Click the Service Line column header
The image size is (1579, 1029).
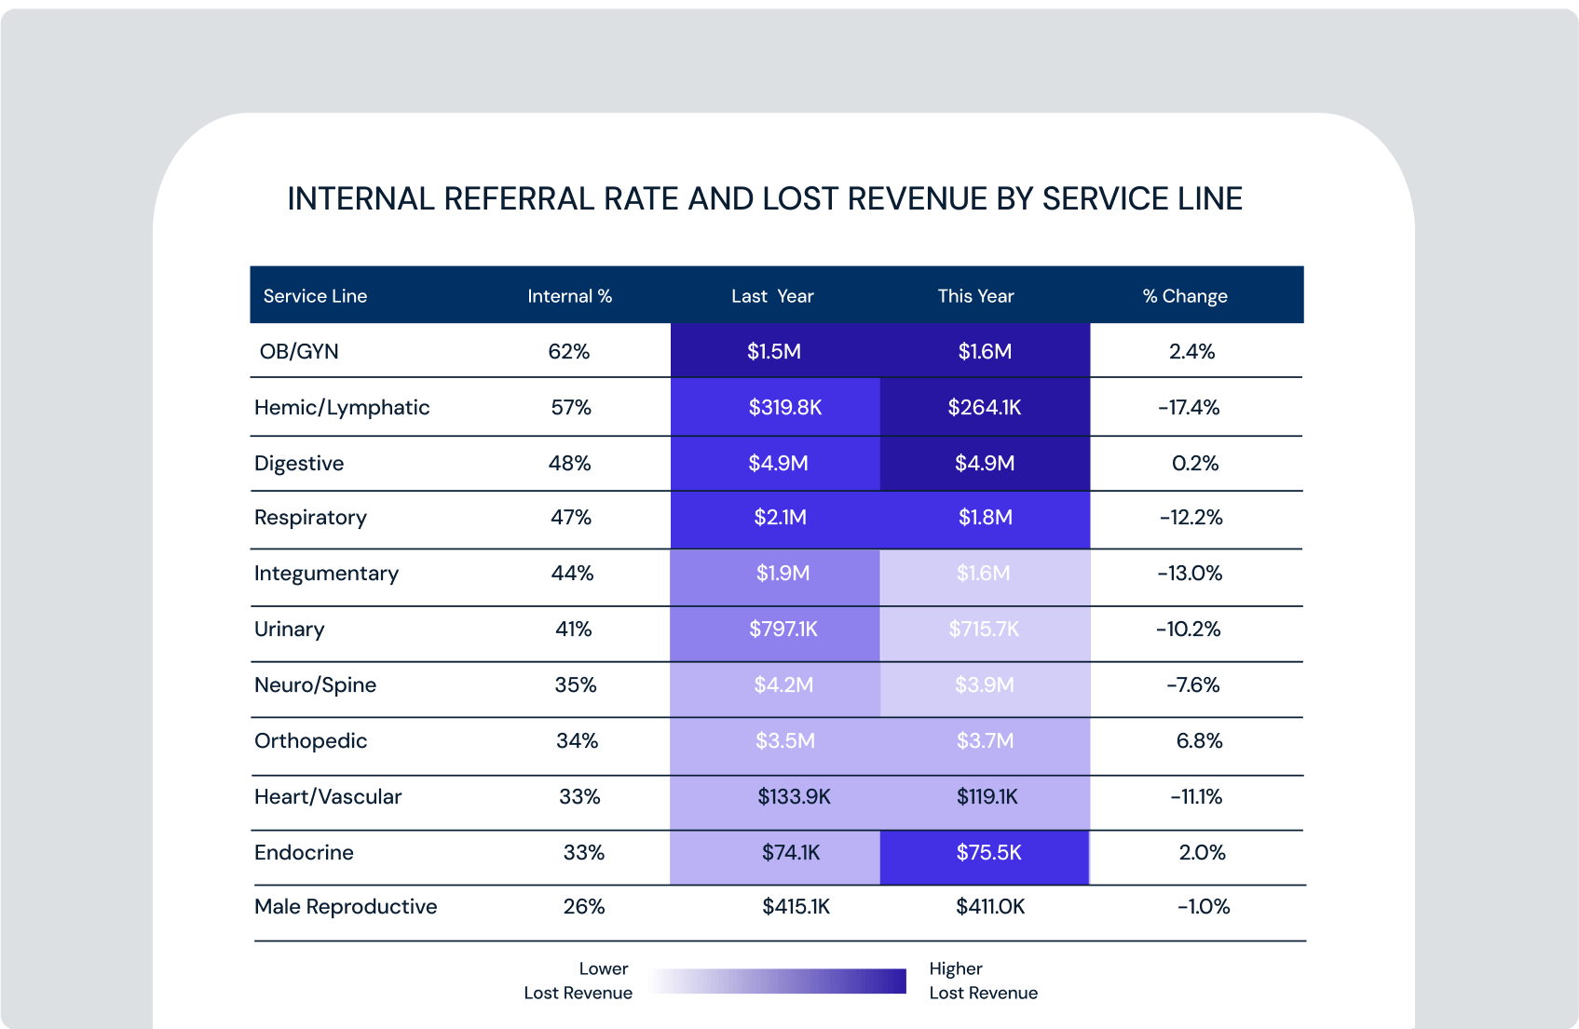[315, 296]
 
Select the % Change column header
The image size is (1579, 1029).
[1185, 296]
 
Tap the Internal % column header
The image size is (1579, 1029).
[569, 296]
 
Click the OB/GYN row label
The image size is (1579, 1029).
[299, 352]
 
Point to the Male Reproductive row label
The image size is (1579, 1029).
[346, 907]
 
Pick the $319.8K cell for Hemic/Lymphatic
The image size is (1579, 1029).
[784, 408]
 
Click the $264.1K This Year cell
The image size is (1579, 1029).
[985, 408]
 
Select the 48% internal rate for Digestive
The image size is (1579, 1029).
[569, 464]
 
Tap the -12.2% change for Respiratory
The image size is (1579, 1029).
[1191, 518]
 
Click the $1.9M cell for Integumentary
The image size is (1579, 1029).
[783, 574]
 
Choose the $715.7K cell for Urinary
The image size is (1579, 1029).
[984, 630]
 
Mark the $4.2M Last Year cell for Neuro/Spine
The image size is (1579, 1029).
[783, 685]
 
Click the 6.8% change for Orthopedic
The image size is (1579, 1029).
[1199, 741]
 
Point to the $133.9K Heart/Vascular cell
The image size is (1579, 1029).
[794, 797]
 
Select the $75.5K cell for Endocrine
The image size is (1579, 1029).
[988, 853]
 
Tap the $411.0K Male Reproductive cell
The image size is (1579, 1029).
[990, 907]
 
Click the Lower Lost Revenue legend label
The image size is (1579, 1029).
[579, 981]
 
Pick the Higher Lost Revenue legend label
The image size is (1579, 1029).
[982, 981]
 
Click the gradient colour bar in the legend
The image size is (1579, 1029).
[778, 982]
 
